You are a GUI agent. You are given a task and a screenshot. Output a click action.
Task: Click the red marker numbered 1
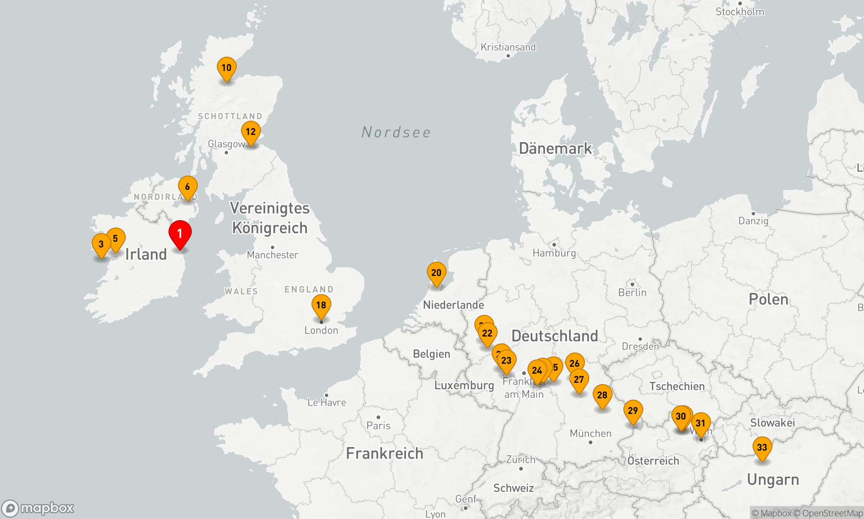(180, 234)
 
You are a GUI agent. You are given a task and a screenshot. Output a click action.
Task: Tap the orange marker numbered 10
(226, 68)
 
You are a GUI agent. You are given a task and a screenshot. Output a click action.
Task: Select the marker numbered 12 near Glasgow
(251, 132)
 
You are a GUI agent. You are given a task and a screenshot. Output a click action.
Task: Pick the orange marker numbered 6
(187, 187)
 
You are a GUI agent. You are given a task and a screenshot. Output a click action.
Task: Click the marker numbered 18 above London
(321, 305)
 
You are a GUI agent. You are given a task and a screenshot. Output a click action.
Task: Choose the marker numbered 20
(436, 273)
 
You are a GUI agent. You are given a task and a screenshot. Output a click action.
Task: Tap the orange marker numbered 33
(762, 448)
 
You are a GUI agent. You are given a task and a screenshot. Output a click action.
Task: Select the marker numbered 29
(633, 411)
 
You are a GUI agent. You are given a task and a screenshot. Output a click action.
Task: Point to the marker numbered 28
(602, 395)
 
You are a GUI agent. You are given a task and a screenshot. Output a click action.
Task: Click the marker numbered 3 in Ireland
(101, 244)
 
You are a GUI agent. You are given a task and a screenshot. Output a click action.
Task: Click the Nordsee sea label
(396, 132)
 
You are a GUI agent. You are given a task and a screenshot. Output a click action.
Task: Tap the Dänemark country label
(555, 148)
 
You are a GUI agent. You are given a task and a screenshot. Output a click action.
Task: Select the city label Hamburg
(554, 253)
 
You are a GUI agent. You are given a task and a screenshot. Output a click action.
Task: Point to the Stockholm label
(740, 12)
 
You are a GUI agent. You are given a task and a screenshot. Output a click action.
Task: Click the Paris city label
(378, 426)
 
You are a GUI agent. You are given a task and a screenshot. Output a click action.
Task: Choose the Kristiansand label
(508, 47)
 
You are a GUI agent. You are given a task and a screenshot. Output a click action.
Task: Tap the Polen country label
(769, 299)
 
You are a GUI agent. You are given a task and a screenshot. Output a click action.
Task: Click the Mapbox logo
(38, 508)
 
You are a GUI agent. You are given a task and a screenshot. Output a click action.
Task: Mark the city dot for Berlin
(632, 284)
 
